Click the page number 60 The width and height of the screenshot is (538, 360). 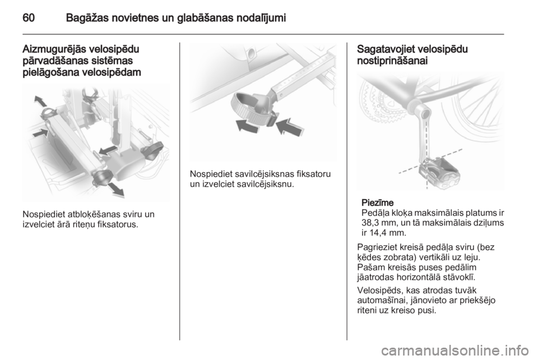29,17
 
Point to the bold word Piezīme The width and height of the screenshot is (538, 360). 377,202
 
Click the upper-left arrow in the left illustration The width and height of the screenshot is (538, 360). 40,101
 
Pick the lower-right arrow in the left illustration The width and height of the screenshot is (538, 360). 116,190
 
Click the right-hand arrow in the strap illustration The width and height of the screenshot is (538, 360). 290,126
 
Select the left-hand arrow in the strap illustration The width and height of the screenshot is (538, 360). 248,126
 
